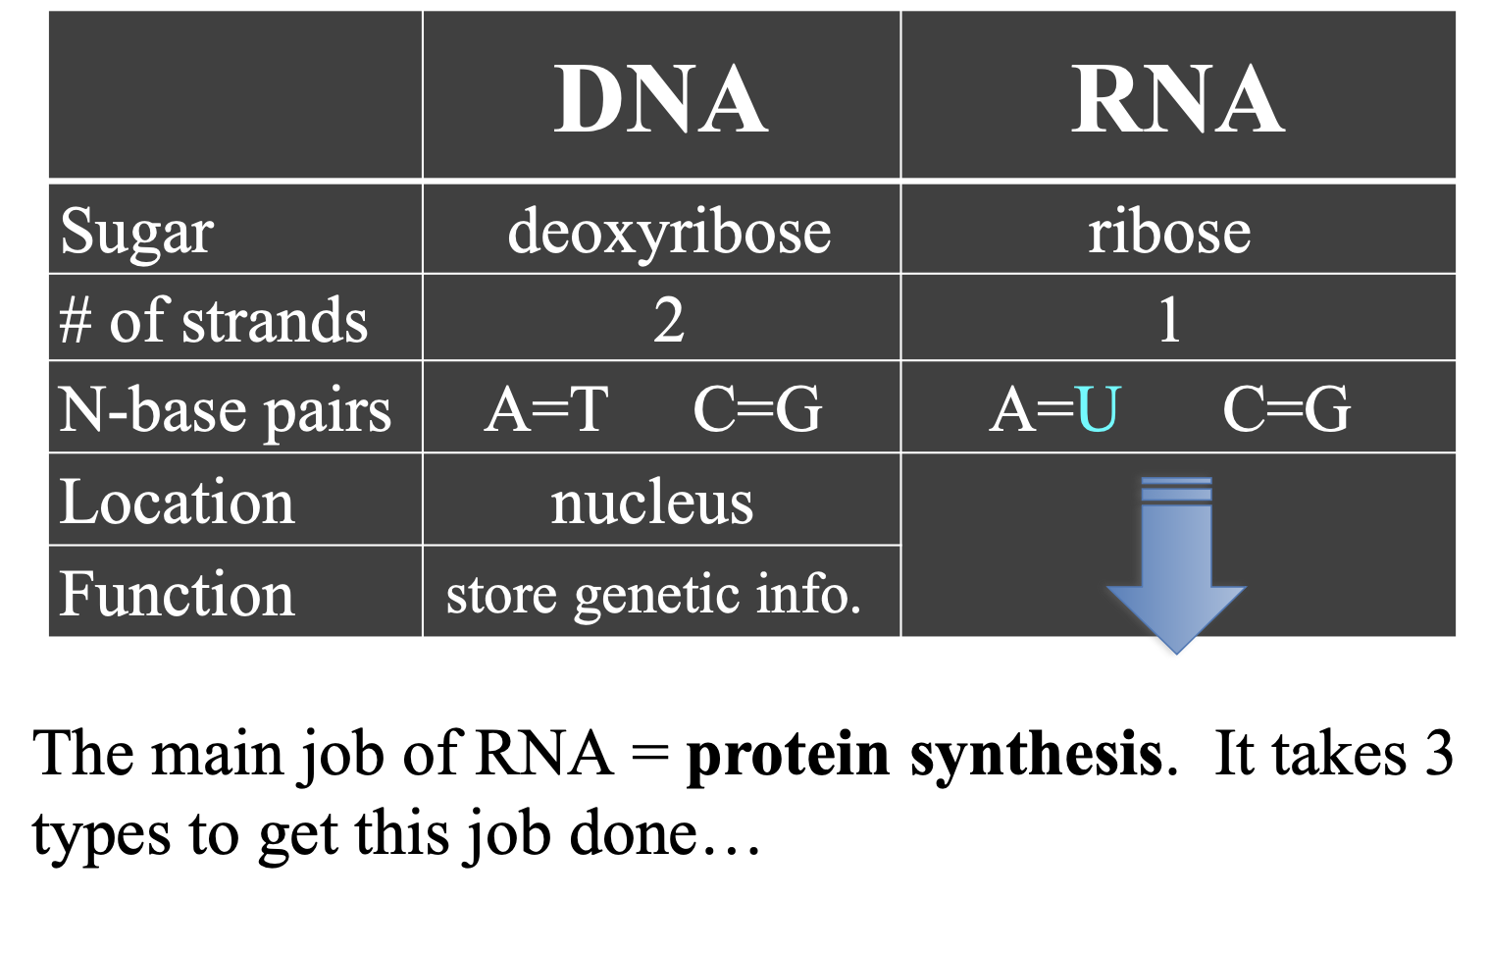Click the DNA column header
[660, 99]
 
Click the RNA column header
[1176, 99]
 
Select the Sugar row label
[136, 232]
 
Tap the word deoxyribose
[669, 232]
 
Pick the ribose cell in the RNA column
[1169, 232]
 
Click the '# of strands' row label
[213, 320]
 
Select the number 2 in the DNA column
[669, 320]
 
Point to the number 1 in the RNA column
[1169, 320]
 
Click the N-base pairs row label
[225, 409]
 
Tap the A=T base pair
[546, 408]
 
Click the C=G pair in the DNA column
[757, 408]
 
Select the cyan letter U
[1098, 408]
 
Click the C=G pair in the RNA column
[1286, 408]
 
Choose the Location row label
[177, 503]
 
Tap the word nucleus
[651, 503]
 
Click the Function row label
[177, 594]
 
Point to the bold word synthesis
[1036, 755]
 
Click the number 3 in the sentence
[1439, 754]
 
